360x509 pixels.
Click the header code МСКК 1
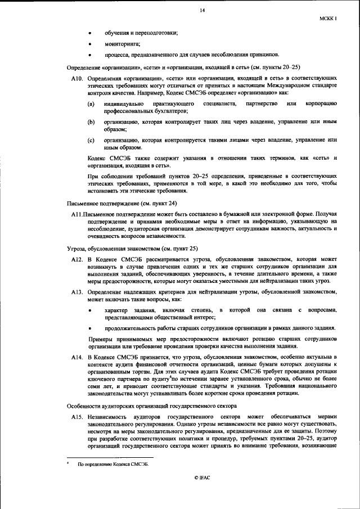pyautogui.click(x=327, y=19)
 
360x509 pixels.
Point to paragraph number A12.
pyautogui.click(x=77, y=258)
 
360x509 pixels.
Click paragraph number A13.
pyautogui.click(x=77, y=292)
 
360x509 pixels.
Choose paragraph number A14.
pyautogui.click(x=77, y=357)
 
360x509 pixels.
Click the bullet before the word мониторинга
pyautogui.click(x=91, y=43)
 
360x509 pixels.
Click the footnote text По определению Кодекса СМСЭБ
pyautogui.click(x=109, y=464)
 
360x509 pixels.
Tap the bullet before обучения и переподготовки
pyautogui.click(x=91, y=33)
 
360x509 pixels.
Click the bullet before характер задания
pyautogui.click(x=91, y=310)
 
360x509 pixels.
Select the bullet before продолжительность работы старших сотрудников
pyautogui.click(x=91, y=328)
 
